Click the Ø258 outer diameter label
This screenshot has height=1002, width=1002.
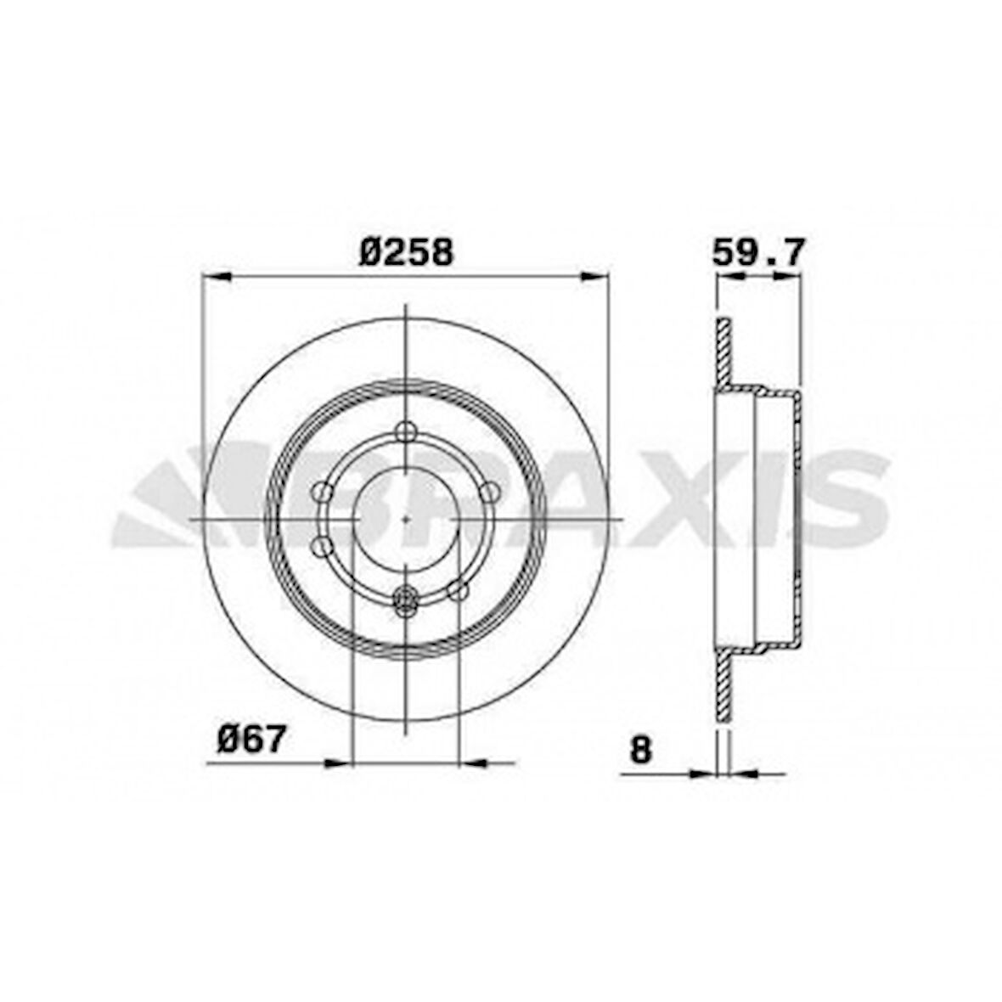point(406,252)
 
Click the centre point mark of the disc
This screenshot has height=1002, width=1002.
point(407,518)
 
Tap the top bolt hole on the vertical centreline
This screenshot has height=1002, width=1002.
point(407,431)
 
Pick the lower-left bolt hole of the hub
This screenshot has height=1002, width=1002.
point(324,545)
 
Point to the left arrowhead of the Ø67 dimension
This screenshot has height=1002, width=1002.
point(338,763)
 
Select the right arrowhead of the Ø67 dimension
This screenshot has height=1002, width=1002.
point(472,763)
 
